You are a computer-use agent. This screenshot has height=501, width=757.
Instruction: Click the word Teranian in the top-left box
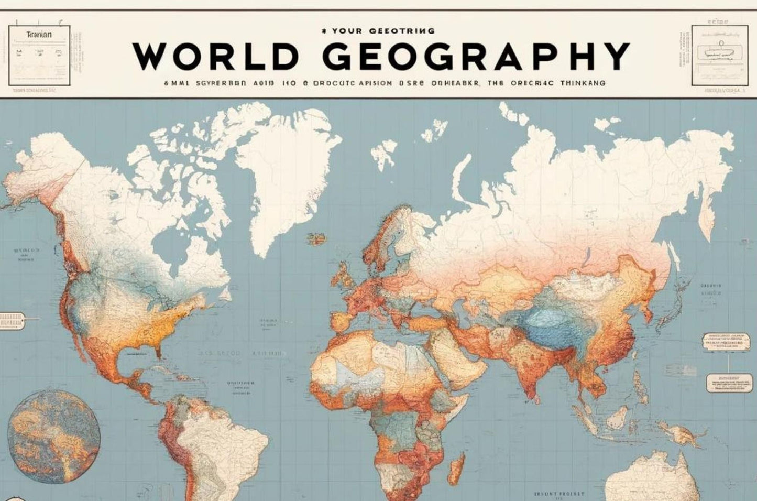click(39, 34)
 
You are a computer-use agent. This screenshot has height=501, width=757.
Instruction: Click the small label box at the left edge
click(12, 320)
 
